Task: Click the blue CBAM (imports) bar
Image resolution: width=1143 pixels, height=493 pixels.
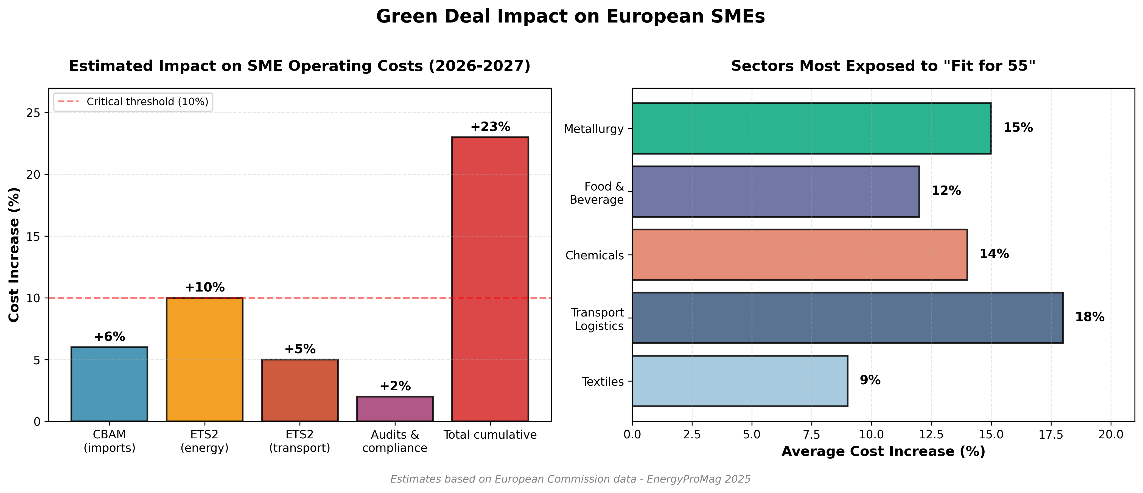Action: point(109,384)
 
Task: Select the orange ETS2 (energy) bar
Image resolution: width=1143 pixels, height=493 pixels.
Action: point(204,359)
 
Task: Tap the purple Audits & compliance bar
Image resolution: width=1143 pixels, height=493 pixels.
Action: point(395,409)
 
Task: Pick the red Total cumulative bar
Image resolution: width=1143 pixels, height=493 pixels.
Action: point(490,279)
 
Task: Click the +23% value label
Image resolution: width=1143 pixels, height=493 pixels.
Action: point(490,127)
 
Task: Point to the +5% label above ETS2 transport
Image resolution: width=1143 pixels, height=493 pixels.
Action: point(300,349)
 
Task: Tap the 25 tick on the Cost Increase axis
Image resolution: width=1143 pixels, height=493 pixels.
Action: point(33,113)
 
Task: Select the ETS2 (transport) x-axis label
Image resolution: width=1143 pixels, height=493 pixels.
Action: point(300,441)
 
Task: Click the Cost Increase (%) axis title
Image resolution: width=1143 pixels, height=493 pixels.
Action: point(14,255)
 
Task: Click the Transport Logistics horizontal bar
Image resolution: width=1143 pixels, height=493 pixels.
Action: point(847,318)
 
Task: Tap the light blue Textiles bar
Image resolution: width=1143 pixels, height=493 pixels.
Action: point(740,381)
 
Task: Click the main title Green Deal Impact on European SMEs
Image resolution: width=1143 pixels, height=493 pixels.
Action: point(571,16)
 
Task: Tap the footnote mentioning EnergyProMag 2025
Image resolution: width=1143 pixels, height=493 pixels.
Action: point(571,479)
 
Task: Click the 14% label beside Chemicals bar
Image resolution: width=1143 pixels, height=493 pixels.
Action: point(994,254)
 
